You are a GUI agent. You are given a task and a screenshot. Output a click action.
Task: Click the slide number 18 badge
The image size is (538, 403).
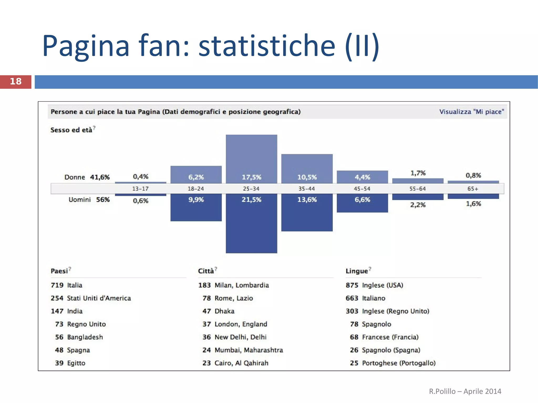pyautogui.click(x=15, y=82)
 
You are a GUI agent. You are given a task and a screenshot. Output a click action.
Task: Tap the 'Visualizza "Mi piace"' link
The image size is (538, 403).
pyautogui.click(x=472, y=112)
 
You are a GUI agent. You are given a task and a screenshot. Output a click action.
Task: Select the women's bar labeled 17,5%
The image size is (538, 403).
pyautogui.click(x=251, y=159)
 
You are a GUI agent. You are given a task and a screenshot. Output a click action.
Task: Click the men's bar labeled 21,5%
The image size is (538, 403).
pyautogui.click(x=251, y=223)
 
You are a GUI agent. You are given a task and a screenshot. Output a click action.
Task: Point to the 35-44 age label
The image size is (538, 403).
pyautogui.click(x=307, y=189)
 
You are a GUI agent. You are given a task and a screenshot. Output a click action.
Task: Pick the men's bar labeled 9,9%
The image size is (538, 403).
pyautogui.click(x=196, y=207)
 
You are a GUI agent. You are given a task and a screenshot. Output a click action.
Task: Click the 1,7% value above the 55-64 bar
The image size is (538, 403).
pyautogui.click(x=418, y=173)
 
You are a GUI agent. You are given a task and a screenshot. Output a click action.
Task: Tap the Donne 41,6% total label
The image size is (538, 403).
pyautogui.click(x=87, y=177)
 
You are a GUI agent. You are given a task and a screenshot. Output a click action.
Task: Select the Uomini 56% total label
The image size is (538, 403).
pyautogui.click(x=89, y=200)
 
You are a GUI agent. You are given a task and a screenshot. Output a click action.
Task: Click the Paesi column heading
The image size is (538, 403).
pyautogui.click(x=59, y=271)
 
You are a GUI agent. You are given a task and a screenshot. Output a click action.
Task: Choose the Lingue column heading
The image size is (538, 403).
pyautogui.click(x=356, y=271)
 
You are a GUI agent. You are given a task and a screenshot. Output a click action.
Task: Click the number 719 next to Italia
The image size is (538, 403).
pyautogui.click(x=57, y=285)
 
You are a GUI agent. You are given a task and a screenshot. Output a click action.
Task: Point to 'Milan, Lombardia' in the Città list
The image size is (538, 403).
pyautogui.click(x=242, y=285)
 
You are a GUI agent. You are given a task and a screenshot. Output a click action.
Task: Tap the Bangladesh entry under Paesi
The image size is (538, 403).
pyautogui.click(x=85, y=337)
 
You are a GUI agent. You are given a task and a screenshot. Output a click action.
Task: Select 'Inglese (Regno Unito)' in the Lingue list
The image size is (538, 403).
pyautogui.click(x=395, y=311)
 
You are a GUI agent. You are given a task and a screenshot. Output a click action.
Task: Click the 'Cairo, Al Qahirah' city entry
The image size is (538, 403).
pyautogui.click(x=241, y=363)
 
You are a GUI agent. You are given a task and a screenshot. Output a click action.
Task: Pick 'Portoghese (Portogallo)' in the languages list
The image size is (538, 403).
pyautogui.click(x=399, y=363)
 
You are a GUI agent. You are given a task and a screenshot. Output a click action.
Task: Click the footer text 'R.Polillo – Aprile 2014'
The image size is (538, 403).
pyautogui.click(x=465, y=391)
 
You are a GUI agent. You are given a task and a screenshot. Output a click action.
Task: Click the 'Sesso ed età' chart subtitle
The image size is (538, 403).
pyautogui.click(x=71, y=130)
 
